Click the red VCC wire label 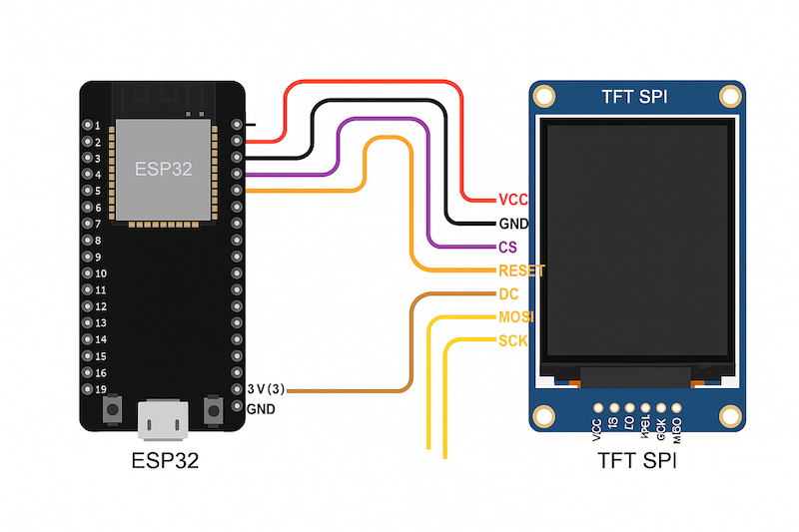click(512, 200)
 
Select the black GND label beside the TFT click(513, 224)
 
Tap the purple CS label click(507, 247)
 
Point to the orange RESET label click(521, 270)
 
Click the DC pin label click(507, 294)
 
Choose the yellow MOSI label click(516, 317)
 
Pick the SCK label click(512, 341)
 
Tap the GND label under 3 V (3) click(261, 409)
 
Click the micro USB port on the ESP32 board click(162, 418)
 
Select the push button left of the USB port click(114, 408)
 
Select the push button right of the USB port click(212, 408)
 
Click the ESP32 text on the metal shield click(164, 168)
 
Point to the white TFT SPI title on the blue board click(635, 97)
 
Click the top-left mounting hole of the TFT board click(544, 97)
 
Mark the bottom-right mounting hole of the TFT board click(730, 416)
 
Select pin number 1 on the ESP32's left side click(96, 125)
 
